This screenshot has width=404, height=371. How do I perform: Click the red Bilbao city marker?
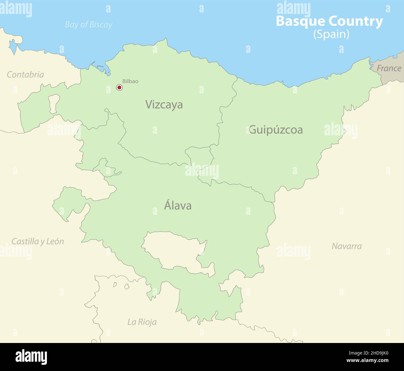119,87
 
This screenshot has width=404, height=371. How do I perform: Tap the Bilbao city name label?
130,81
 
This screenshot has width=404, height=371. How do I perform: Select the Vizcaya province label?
164,105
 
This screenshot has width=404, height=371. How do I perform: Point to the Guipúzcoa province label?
276,129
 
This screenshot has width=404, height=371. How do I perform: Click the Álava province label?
177,205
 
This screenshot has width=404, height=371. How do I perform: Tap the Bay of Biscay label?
89,25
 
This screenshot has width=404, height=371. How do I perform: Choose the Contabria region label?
25,74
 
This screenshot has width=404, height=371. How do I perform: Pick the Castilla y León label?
38,241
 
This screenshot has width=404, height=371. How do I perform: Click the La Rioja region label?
142,322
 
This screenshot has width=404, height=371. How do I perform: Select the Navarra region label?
347,246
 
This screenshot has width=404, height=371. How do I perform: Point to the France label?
389,68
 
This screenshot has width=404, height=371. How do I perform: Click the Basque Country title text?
329,21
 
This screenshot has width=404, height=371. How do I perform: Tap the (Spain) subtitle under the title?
331,34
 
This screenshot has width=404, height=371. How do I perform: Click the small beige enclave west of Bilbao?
54,104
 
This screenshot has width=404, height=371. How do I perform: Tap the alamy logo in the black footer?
31,357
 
